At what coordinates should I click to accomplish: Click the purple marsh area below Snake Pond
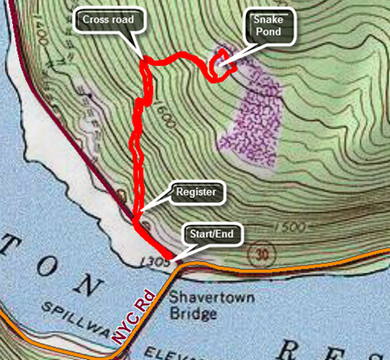(x=250, y=117)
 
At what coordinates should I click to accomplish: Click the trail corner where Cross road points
(x=146, y=61)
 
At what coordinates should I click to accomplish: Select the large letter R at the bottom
(x=285, y=349)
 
